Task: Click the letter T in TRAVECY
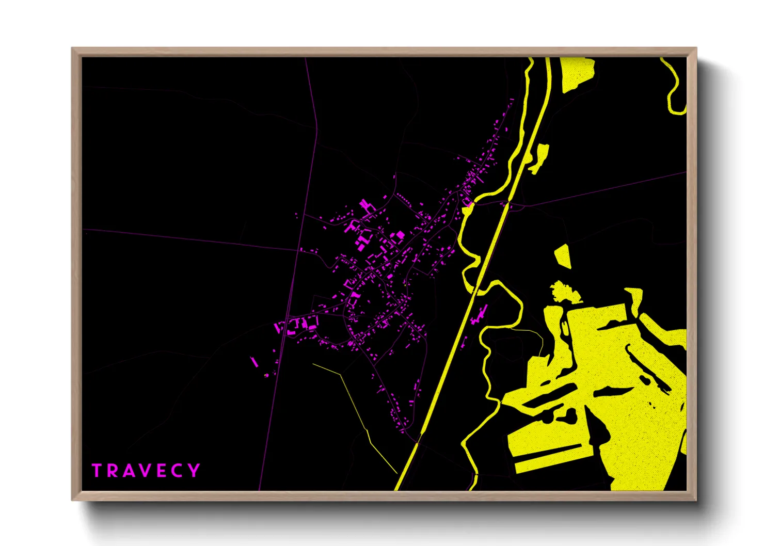[x=97, y=471]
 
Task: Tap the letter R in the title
[x=112, y=471]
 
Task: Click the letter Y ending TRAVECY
[x=194, y=471]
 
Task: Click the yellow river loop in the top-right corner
[x=673, y=88]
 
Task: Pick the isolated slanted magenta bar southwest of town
[x=254, y=361]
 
